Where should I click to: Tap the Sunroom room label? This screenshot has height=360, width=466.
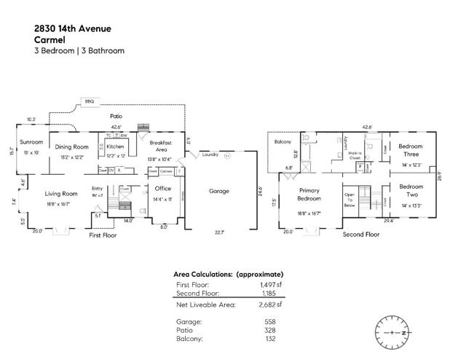click(31, 142)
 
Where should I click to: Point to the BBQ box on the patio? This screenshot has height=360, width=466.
click(90, 101)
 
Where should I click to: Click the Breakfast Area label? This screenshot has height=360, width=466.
click(159, 146)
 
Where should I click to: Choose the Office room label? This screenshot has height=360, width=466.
click(162, 189)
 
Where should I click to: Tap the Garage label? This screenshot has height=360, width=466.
click(218, 192)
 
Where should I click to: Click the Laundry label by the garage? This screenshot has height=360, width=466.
click(210, 155)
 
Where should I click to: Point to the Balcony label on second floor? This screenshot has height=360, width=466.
click(283, 141)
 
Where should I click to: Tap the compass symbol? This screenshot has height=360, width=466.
click(394, 332)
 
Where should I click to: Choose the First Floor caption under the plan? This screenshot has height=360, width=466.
click(103, 236)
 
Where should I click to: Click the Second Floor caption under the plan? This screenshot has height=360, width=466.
click(361, 235)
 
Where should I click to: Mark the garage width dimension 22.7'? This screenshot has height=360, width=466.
click(219, 232)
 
